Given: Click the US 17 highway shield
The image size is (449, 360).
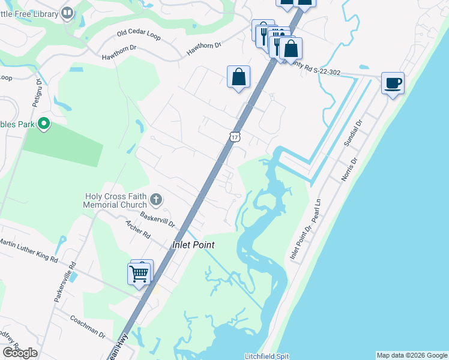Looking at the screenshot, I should [235, 136].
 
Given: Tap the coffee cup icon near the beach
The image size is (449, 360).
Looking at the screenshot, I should [393, 84].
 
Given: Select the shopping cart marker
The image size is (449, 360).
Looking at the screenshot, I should [139, 274].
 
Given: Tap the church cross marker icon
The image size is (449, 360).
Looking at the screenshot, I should [156, 199].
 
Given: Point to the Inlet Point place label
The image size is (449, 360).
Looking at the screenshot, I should [193, 245].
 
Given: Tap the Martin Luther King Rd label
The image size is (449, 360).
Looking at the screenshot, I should [28, 251].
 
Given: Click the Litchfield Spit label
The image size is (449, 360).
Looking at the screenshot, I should [267, 356].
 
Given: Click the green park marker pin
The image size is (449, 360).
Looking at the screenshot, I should [43, 125].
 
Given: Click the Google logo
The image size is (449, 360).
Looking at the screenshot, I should [20, 353].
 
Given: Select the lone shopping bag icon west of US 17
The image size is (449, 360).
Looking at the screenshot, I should [238, 77].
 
